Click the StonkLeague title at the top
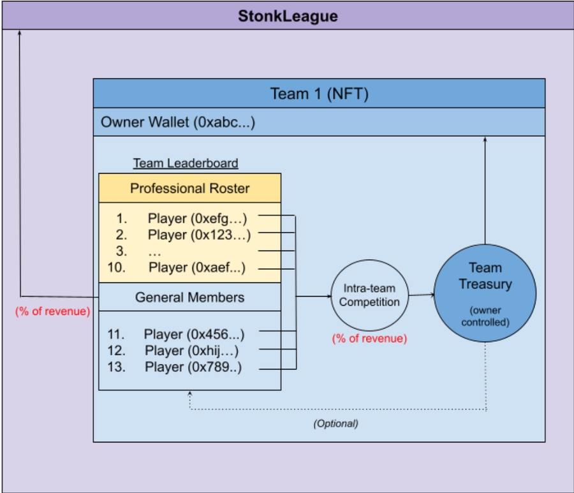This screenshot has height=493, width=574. tap(288, 15)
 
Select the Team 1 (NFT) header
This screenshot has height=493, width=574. tap(319, 94)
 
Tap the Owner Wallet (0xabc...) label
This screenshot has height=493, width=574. tap(178, 122)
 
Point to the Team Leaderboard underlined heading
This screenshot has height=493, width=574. tap(186, 163)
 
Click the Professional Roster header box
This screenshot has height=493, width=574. tap(189, 188)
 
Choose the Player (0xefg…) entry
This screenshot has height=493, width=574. tap(197, 218)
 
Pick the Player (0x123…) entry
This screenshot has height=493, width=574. tap(199, 235)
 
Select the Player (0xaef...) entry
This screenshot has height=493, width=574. tap(197, 267)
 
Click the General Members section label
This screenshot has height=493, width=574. tap(189, 297)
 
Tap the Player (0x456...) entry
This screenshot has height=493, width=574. tap(194, 334)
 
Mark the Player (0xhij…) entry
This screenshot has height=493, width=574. tap(193, 350)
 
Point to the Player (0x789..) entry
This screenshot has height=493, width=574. tap(193, 367)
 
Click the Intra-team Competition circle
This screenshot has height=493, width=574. tap(369, 296)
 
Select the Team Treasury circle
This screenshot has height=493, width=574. tap(485, 284)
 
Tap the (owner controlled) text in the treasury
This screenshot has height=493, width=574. tap(485, 316)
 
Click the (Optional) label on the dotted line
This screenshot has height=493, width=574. tap(335, 423)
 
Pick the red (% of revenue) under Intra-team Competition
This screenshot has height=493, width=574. tap(369, 339)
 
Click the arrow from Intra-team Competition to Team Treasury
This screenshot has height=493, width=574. tap(421, 295)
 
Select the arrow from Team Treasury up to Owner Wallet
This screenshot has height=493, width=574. tap(485, 191)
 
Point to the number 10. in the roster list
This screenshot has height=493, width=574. tap(117, 267)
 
